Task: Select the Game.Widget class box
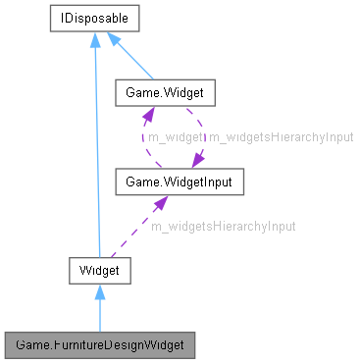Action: coord(159,95)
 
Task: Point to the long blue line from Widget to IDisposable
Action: coord(95,147)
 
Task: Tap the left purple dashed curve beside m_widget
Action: coord(143,138)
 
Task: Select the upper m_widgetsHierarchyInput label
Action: coord(281,138)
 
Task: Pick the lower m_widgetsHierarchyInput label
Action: coord(223,226)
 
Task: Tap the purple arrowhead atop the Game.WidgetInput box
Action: coord(197,159)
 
